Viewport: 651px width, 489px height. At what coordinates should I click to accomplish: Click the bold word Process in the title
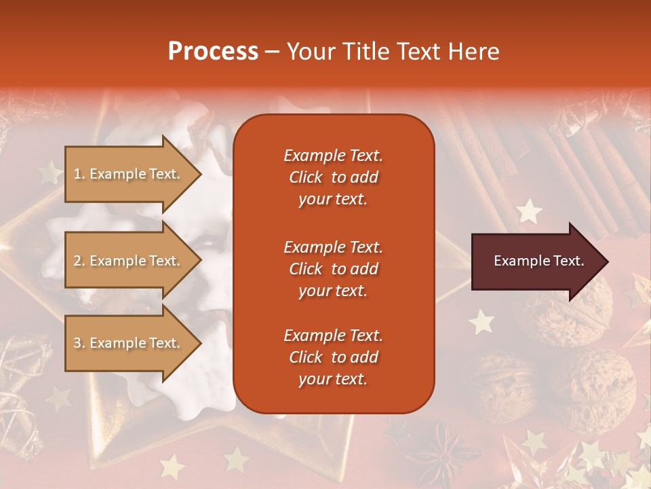click(x=213, y=52)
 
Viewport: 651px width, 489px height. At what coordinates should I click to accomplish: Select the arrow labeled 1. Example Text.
click(x=129, y=174)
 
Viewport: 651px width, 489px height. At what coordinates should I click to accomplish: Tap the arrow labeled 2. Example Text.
click(x=129, y=261)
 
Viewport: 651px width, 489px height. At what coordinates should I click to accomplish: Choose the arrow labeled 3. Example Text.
click(x=129, y=343)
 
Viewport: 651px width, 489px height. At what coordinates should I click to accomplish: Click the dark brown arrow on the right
click(x=536, y=261)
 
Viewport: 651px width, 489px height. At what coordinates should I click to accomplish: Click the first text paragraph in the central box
click(x=333, y=177)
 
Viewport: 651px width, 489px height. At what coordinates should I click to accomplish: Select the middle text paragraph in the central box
click(x=333, y=269)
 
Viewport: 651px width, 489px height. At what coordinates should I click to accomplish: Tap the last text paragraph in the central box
click(x=333, y=357)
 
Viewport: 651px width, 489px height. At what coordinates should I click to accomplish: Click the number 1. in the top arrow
click(x=79, y=174)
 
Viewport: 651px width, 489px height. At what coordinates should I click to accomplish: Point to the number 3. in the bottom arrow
click(x=79, y=343)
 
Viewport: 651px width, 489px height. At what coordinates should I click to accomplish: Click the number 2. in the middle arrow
click(x=79, y=261)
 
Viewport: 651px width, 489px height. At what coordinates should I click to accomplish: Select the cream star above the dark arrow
click(x=528, y=212)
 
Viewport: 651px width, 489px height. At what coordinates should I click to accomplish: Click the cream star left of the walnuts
click(x=481, y=321)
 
